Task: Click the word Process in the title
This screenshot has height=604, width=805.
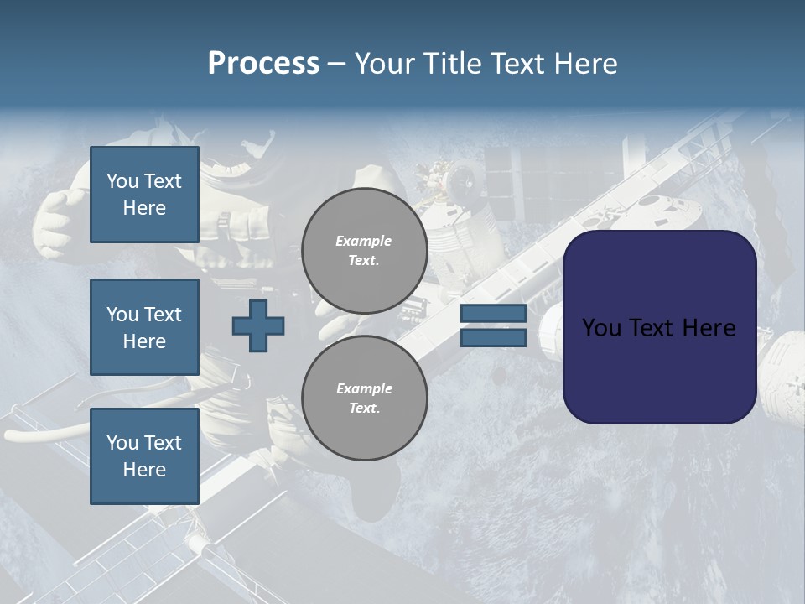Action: coord(263,64)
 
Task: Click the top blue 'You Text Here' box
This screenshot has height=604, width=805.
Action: coord(144,195)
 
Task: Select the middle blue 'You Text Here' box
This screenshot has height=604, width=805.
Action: coord(144,327)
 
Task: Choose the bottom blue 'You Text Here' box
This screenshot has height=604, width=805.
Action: coord(144,456)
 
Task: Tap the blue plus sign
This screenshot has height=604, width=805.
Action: coord(258,325)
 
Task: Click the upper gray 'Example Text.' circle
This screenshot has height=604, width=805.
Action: coord(364,250)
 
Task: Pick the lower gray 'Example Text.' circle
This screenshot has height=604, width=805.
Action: coord(364,398)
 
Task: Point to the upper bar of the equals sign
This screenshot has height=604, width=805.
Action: coord(493,314)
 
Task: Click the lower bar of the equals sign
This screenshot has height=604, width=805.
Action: coord(493,337)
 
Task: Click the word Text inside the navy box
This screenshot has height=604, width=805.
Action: coord(652,327)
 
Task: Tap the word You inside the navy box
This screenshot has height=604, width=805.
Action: coord(601,327)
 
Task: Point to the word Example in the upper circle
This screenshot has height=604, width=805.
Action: coord(364,241)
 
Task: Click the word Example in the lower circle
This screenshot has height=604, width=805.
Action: coord(364,388)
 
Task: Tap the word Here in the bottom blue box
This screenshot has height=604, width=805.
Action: coord(144,470)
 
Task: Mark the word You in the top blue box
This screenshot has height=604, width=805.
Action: coord(122,181)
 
